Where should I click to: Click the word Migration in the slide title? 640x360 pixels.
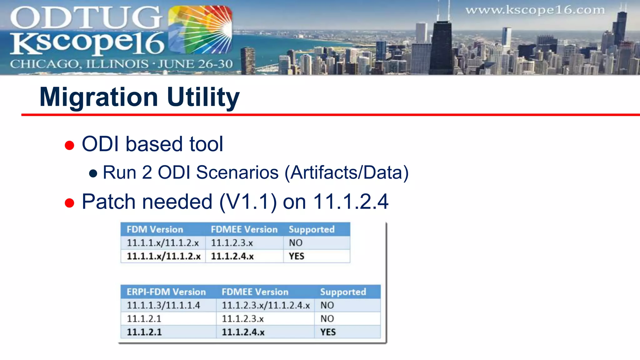(99, 97)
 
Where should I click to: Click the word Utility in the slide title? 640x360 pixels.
(203, 97)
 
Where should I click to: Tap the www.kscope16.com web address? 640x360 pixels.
(535, 10)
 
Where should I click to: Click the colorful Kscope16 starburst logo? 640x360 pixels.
(200, 30)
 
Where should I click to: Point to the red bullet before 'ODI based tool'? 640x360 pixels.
(69, 145)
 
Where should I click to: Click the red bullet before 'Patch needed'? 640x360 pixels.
(69, 203)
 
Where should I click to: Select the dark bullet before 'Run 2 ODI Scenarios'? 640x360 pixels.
(93, 173)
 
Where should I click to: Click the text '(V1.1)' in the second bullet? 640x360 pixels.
(248, 202)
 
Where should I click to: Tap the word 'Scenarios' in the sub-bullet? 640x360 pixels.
(237, 172)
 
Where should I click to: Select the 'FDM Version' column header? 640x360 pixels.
(155, 229)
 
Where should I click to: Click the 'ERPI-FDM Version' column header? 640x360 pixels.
(166, 292)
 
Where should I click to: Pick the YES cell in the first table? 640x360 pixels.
(297, 256)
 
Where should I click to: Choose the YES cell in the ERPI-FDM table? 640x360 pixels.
(328, 332)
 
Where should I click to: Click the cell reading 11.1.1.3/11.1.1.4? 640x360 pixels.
(163, 305)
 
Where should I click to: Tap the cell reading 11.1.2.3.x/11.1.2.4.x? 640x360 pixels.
(266, 305)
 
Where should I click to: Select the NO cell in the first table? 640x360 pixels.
(296, 243)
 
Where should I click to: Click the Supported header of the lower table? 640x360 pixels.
(343, 292)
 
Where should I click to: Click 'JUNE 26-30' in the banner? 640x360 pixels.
(195, 64)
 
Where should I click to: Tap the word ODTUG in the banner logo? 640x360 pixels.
(86, 18)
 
